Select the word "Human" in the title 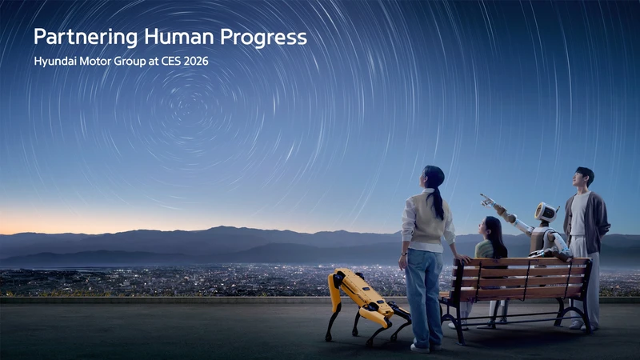[x=166, y=37]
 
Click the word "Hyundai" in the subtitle [x=57, y=61]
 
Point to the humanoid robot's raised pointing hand [x=486, y=198]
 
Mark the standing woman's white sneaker [x=419, y=347]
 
